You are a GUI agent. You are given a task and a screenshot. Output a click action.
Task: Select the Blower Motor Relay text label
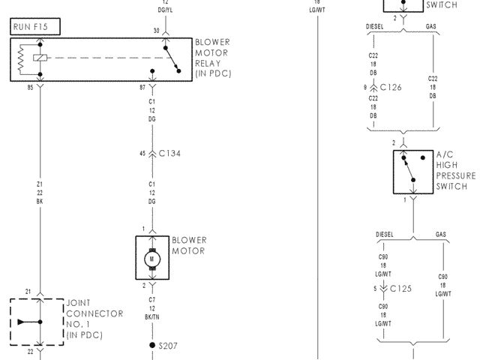pos(212,58)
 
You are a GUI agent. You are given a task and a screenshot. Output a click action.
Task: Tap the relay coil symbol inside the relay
pos(41,58)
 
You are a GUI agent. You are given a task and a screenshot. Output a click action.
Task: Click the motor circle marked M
pos(152,258)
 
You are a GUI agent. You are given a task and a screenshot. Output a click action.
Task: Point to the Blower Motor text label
pos(188,245)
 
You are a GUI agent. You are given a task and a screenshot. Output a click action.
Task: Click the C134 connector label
pos(169,154)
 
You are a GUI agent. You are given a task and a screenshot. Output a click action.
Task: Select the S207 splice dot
pos(151,346)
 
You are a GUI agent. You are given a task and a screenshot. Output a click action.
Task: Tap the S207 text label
pos(169,346)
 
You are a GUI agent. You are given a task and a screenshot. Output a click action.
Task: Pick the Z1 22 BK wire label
pos(40,192)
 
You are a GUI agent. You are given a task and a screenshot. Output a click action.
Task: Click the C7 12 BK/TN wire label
pos(152,309)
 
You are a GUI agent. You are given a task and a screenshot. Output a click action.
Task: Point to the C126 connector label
pos(391,87)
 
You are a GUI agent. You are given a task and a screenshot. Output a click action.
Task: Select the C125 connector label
pos(401,287)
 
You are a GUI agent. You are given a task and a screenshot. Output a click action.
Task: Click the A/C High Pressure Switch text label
pos(455,170)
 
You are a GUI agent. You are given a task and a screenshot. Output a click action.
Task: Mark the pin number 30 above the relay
pos(156,31)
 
